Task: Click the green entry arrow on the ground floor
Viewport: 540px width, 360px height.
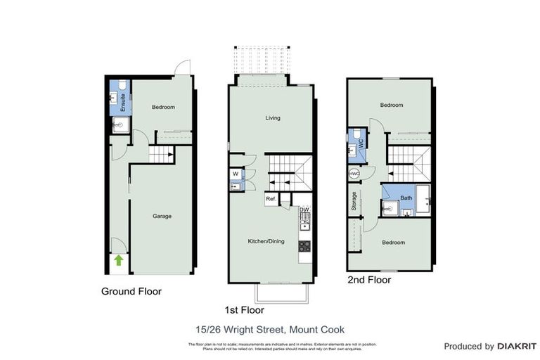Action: [119, 261]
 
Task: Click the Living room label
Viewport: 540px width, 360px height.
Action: [273, 117]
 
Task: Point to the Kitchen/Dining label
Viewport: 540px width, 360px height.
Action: [266, 242]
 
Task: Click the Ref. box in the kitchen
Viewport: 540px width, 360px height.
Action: [270, 200]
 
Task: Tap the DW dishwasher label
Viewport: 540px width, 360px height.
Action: [304, 210]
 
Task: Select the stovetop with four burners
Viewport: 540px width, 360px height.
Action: [305, 246]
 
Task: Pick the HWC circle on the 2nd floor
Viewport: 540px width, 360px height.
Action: [354, 174]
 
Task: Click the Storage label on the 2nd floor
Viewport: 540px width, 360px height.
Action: [354, 201]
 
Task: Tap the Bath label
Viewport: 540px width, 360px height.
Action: [406, 198]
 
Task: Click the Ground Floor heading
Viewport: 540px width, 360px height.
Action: [131, 291]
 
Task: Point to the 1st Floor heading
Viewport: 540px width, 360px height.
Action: [243, 309]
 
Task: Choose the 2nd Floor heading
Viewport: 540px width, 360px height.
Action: [369, 279]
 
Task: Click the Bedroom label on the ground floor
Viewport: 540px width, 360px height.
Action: [163, 107]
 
